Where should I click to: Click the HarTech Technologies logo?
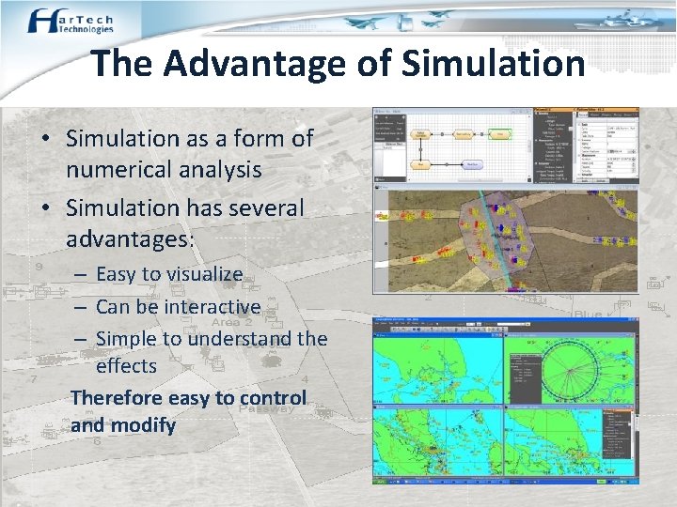coord(70,21)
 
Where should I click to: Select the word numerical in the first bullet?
coord(118,170)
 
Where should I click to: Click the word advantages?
coord(126,239)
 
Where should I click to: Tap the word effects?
coord(126,364)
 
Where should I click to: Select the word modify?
coord(143,425)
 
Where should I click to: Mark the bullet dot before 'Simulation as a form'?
coord(44,139)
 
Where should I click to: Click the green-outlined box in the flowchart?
coord(503,135)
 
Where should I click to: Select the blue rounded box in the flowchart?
coord(474,163)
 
